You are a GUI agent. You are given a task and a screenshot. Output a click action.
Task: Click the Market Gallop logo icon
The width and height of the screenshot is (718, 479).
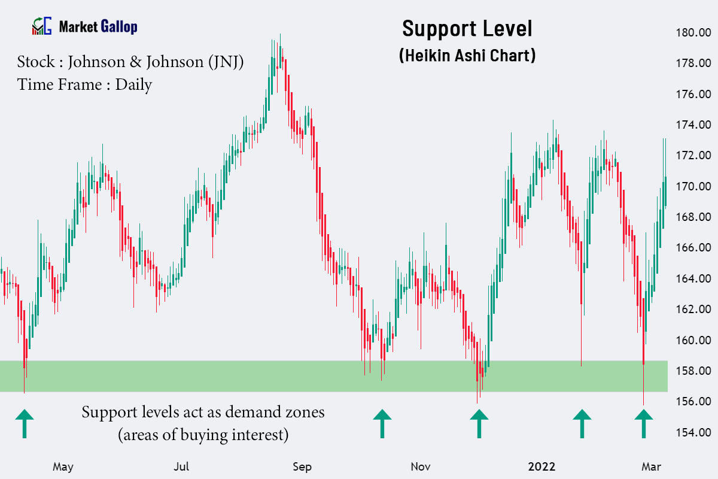[42, 26]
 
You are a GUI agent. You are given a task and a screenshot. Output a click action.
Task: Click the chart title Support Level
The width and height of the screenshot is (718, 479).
[467, 29]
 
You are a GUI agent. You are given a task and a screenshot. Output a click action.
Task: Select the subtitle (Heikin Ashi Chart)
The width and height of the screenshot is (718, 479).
[467, 56]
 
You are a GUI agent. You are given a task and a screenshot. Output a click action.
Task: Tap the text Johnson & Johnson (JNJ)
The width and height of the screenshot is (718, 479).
[156, 62]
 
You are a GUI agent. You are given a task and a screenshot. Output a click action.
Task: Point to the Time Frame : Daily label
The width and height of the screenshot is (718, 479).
[84, 84]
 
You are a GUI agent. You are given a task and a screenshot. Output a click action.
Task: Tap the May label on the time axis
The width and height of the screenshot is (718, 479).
[63, 466]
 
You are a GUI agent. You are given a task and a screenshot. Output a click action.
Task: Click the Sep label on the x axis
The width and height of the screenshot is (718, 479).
[303, 466]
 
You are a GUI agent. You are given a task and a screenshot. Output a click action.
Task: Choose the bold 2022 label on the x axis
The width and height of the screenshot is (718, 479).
[541, 466]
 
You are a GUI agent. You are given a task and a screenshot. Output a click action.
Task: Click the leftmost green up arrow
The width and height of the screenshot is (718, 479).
[25, 423]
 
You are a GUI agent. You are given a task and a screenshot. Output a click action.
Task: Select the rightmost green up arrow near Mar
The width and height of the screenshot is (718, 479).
[643, 423]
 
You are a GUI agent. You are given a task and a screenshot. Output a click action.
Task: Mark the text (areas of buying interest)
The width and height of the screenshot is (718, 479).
[203, 434]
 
